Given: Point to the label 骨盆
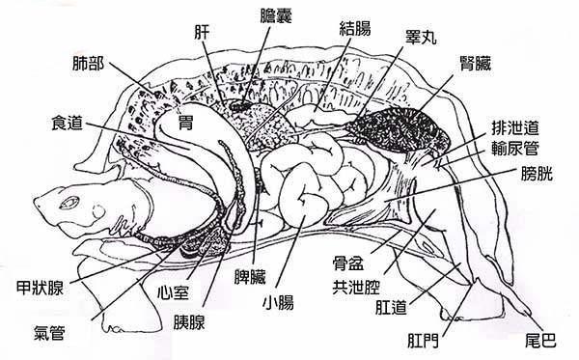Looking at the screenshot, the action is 349,263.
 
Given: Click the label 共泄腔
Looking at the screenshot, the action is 354,286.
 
